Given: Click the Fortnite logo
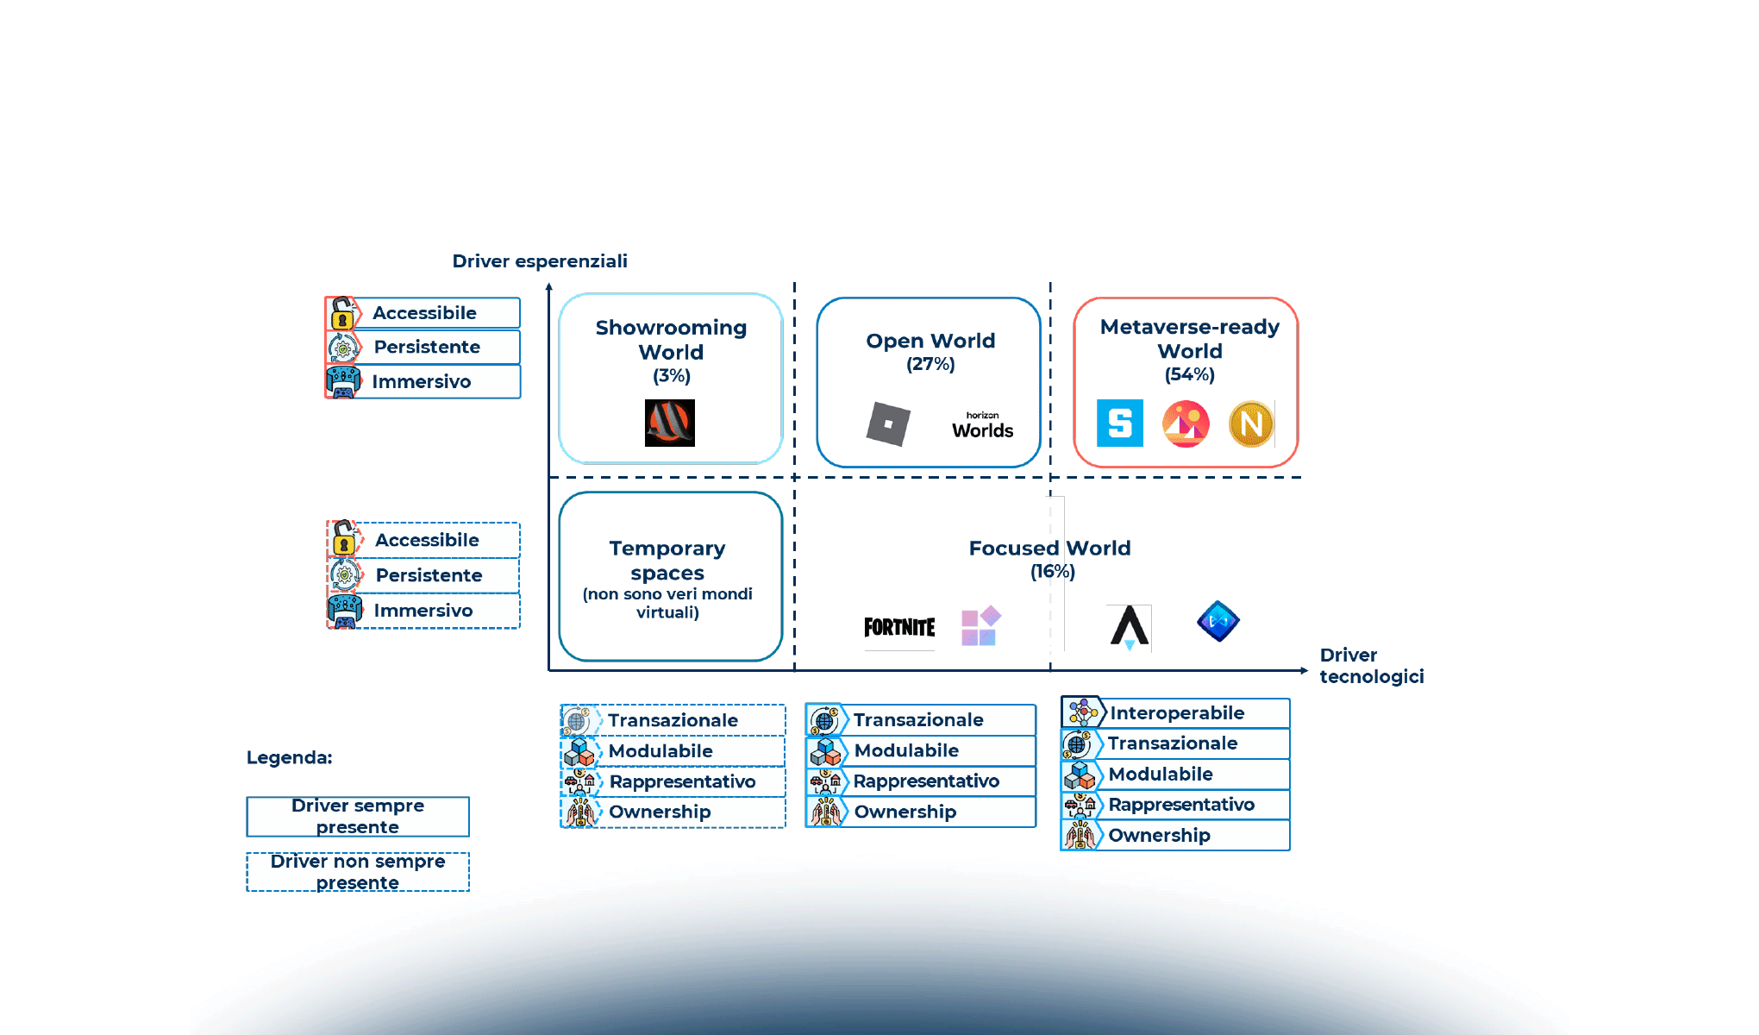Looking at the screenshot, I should click(x=899, y=627).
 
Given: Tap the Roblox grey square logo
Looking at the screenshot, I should click(x=888, y=424).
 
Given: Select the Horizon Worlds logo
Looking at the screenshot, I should click(x=982, y=426).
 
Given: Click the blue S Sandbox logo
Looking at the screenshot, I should click(x=1119, y=423).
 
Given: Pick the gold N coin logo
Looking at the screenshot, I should click(x=1250, y=423).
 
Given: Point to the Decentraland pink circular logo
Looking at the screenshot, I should click(x=1186, y=423).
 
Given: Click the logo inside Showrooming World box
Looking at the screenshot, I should click(x=670, y=423).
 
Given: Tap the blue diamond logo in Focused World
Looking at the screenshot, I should click(x=1218, y=621).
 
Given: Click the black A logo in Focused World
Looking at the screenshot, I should click(x=1129, y=626).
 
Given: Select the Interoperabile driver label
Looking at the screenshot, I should click(x=1177, y=712).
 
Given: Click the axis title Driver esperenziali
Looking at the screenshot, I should click(x=540, y=261).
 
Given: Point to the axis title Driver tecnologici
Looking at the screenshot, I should click(x=1370, y=666).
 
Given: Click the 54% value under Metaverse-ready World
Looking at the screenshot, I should click(x=1189, y=374).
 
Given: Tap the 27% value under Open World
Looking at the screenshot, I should click(x=930, y=364).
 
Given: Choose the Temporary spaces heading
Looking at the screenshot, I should click(x=667, y=560).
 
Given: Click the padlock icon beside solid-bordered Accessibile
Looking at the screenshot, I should click(x=342, y=313).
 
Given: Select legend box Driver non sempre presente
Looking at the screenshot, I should click(x=358, y=872).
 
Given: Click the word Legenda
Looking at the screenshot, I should click(x=290, y=757).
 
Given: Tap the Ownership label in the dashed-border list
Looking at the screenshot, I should click(x=660, y=812).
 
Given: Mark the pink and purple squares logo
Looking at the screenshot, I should click(x=980, y=626).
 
